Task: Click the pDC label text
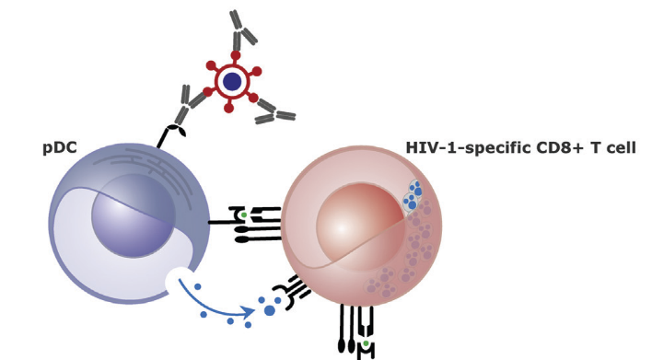[60, 148]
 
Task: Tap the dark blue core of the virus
[232, 81]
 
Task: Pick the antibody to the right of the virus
[275, 111]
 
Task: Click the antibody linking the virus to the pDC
[189, 104]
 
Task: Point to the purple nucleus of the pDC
[133, 215]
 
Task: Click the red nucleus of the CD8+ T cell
[360, 227]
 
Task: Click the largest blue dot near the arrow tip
[270, 310]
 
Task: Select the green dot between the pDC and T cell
[244, 215]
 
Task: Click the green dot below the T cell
[366, 343]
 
